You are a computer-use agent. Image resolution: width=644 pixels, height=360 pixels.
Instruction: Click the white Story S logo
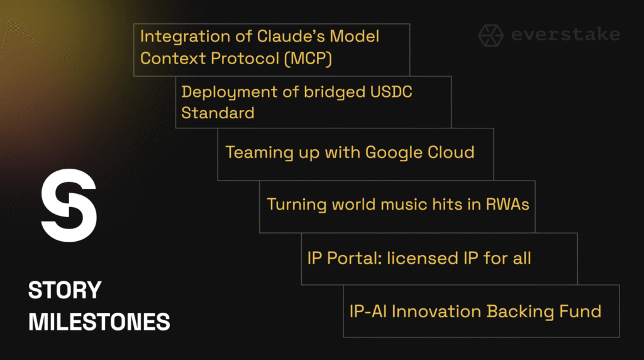69,205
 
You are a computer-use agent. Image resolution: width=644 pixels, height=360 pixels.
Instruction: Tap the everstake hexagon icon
491,35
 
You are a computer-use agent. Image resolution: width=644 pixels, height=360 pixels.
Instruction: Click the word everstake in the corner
565,35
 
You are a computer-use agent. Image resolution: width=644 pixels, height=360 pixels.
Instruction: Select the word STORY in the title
65,290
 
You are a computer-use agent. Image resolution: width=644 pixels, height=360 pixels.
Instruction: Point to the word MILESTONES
99,322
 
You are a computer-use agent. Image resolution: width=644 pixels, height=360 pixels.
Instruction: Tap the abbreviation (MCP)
308,59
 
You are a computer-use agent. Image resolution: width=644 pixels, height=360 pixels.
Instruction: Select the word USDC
391,92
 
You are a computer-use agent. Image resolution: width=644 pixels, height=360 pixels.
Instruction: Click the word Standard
218,113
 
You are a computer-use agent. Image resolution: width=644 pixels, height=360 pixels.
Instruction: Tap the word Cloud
451,152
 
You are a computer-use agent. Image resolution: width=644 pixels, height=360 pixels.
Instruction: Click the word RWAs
508,205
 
